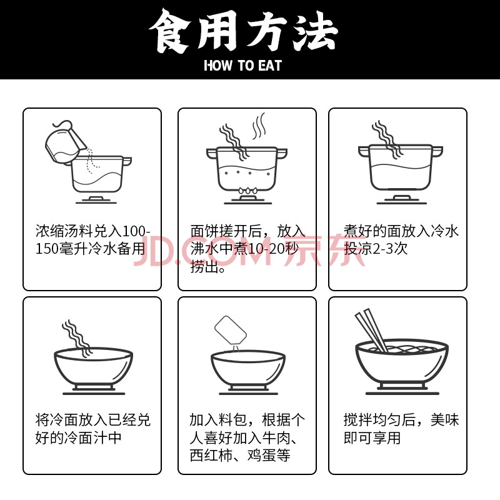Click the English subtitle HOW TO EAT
click(x=242, y=65)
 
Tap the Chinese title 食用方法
click(x=243, y=31)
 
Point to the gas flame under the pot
click(x=247, y=191)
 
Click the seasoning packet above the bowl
click(x=231, y=330)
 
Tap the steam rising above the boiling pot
click(x=259, y=126)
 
